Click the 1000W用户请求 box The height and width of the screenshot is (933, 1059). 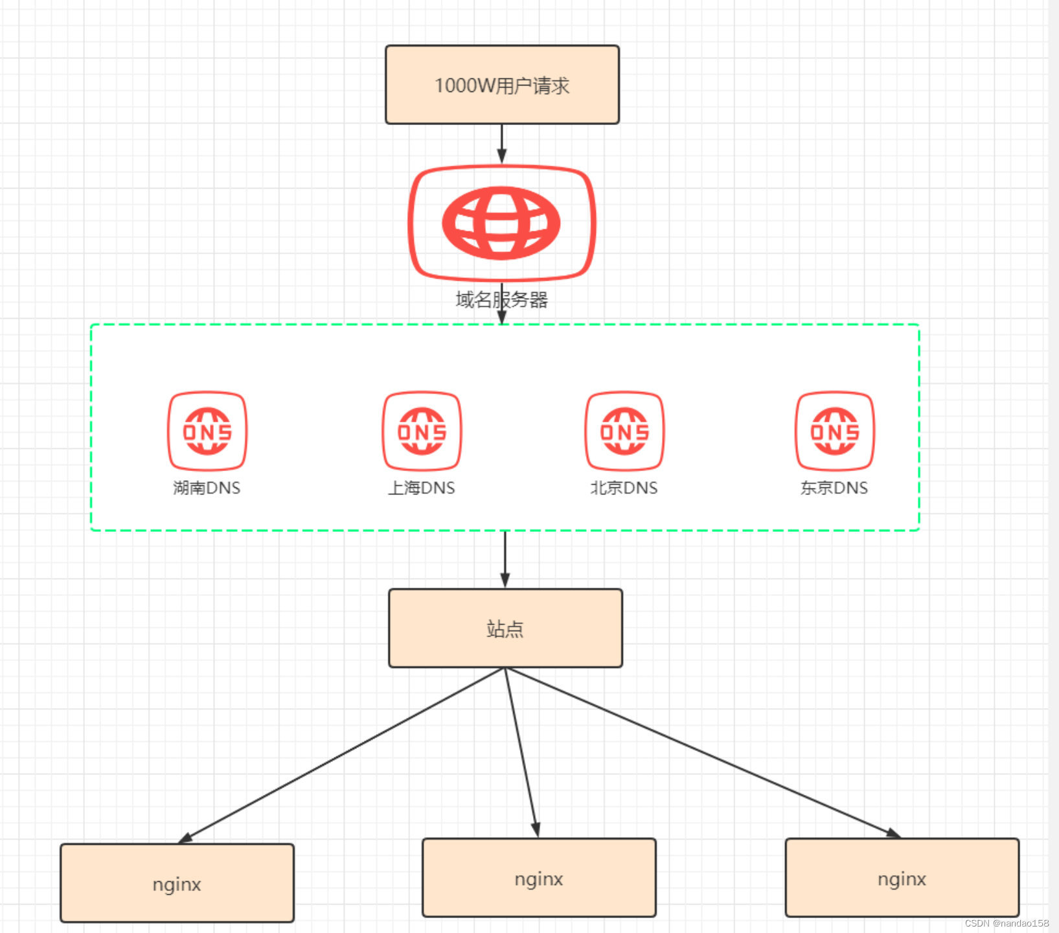pyautogui.click(x=502, y=85)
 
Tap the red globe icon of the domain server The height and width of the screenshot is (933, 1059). pyautogui.click(x=501, y=223)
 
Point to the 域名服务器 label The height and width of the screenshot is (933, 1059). pyautogui.click(x=501, y=299)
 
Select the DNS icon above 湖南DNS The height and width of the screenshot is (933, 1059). pyautogui.click(x=207, y=431)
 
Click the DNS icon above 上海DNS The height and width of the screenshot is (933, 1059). pyautogui.click(x=422, y=431)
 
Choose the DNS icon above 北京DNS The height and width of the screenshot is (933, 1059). pyautogui.click(x=624, y=431)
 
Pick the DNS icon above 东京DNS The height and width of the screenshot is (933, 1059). pyautogui.click(x=835, y=431)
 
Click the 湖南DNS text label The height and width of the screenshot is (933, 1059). pyautogui.click(x=207, y=488)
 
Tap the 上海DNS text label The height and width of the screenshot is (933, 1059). pyautogui.click(x=422, y=488)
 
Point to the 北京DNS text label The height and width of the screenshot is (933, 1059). pyautogui.click(x=624, y=488)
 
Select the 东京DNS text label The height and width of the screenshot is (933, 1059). pyautogui.click(x=834, y=488)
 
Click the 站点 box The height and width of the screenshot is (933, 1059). pyautogui.click(x=505, y=628)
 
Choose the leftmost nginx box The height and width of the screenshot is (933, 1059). pyautogui.click(x=177, y=883)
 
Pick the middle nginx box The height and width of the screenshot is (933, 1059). pyautogui.click(x=539, y=878)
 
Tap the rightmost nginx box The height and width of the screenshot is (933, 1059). pyautogui.click(x=902, y=878)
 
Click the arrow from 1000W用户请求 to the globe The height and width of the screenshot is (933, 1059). pyautogui.click(x=501, y=143)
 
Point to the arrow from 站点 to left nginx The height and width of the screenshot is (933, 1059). pyautogui.click(x=343, y=755)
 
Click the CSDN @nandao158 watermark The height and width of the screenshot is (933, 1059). pyautogui.click(x=1007, y=923)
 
